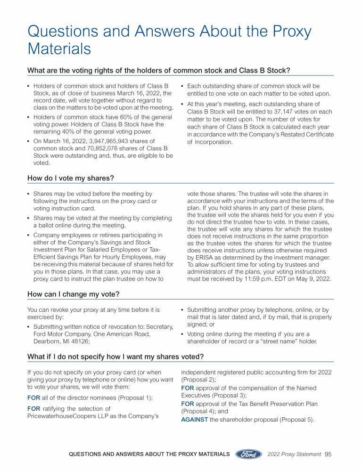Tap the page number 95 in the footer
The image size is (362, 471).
(329, 454)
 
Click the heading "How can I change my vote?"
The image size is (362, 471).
(73, 294)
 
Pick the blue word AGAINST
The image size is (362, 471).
(195, 419)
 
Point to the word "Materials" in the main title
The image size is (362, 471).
(59, 49)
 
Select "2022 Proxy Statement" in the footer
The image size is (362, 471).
(294, 454)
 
